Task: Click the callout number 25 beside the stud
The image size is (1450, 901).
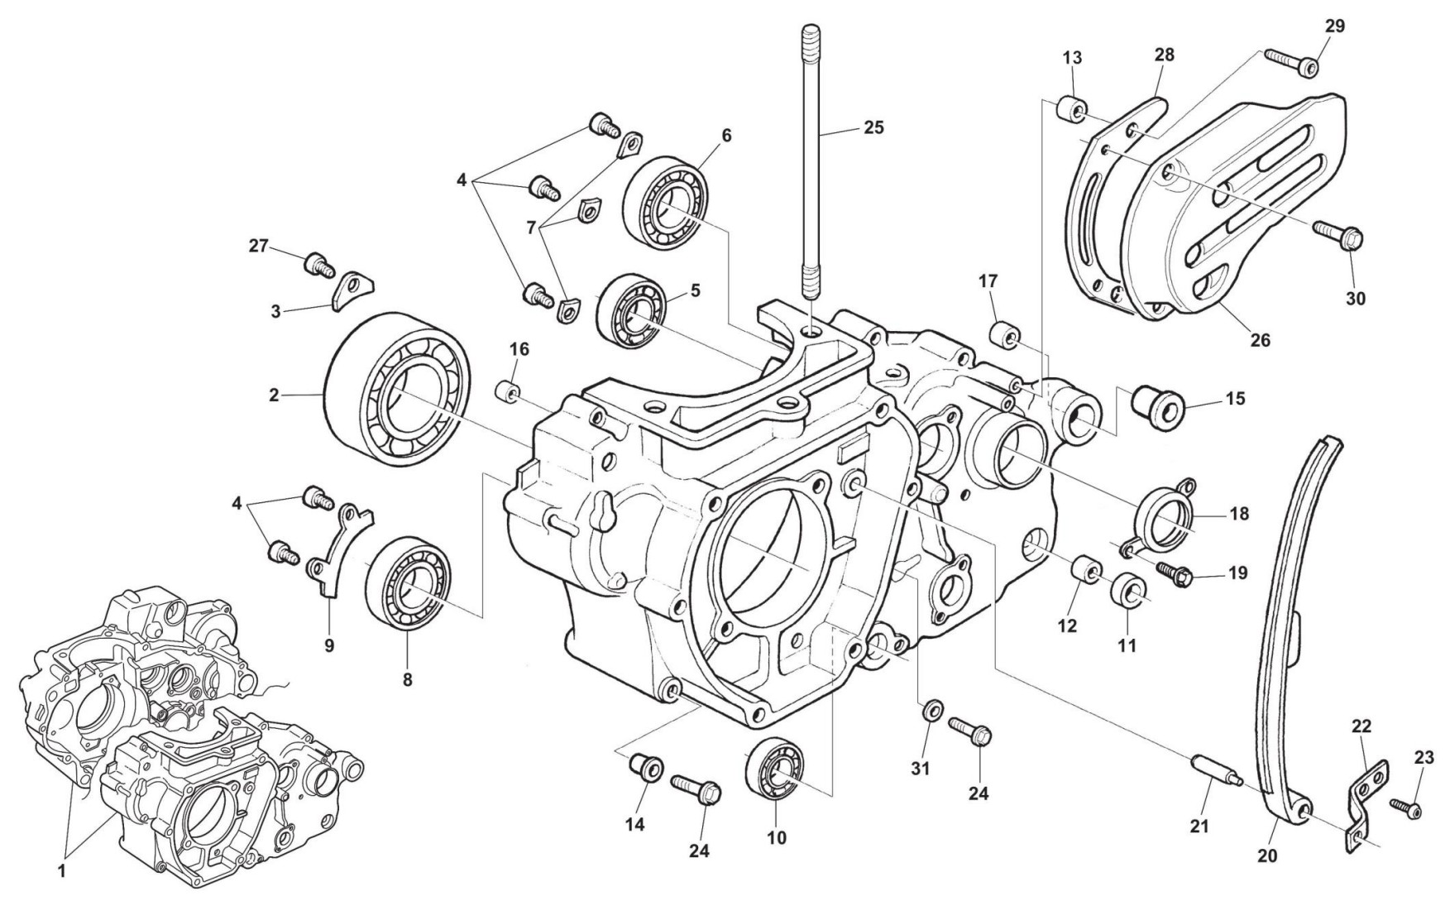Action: (x=873, y=127)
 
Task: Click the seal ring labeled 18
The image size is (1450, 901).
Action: (x=1167, y=514)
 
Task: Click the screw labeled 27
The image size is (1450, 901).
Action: (x=318, y=265)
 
